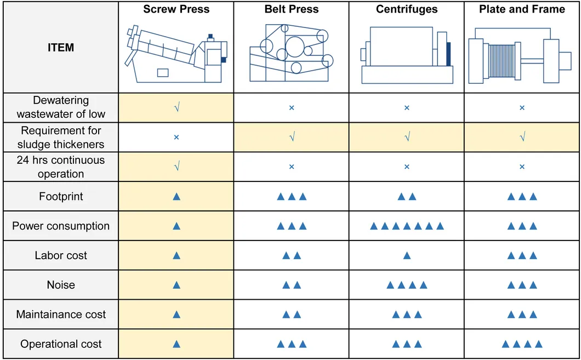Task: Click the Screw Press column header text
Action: tap(176, 9)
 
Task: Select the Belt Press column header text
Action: tap(291, 9)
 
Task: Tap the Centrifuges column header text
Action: tap(406, 9)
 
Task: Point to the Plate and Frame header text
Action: tap(522, 9)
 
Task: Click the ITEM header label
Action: tap(61, 48)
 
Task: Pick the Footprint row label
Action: tap(61, 196)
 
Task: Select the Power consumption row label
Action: tap(61, 226)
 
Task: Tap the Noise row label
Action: tap(61, 285)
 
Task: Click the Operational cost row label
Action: tap(61, 344)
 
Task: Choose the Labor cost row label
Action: tap(61, 255)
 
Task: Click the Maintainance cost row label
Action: tap(61, 315)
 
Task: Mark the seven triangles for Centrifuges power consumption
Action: tap(406, 226)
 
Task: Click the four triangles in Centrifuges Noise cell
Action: tap(406, 285)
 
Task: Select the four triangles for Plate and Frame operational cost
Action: tap(522, 344)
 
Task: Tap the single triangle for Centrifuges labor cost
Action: tap(406, 255)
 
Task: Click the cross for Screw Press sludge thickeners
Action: tap(176, 137)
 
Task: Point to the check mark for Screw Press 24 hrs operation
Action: tap(176, 167)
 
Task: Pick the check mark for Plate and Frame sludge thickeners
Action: tap(522, 137)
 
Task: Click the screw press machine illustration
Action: tap(176, 55)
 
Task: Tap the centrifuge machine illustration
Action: tap(406, 55)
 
